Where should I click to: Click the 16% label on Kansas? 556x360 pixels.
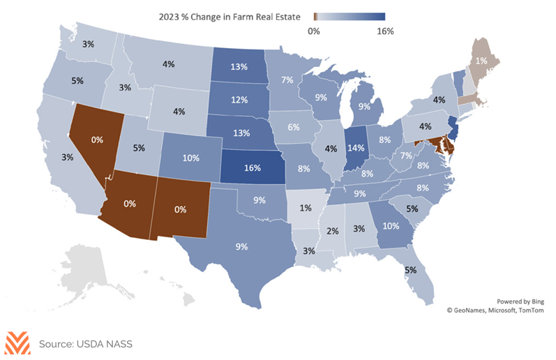[x=252, y=167]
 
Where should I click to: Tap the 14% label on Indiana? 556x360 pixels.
[x=356, y=147]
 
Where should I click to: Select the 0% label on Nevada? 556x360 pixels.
[x=97, y=140]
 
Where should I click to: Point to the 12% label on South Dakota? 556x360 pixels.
[x=239, y=100]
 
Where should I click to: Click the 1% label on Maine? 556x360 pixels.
[x=481, y=61]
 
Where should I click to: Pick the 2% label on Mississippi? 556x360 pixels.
[x=333, y=231]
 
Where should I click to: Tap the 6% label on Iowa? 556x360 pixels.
[x=294, y=127]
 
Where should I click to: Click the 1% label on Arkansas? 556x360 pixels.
[x=306, y=207]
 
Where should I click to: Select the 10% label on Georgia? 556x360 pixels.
[x=391, y=226]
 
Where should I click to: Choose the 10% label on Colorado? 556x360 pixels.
[x=190, y=158]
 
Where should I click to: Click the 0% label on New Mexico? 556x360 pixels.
[x=180, y=209]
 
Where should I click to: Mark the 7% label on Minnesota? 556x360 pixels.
[x=287, y=80]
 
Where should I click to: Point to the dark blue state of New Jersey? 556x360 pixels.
[x=453, y=128]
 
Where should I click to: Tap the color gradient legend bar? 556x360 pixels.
[x=350, y=17]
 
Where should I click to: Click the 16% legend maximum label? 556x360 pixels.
[x=385, y=31]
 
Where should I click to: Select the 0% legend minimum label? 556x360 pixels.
[x=313, y=31]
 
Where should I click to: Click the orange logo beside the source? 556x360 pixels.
[x=17, y=343]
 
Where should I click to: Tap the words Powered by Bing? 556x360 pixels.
[x=520, y=301]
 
